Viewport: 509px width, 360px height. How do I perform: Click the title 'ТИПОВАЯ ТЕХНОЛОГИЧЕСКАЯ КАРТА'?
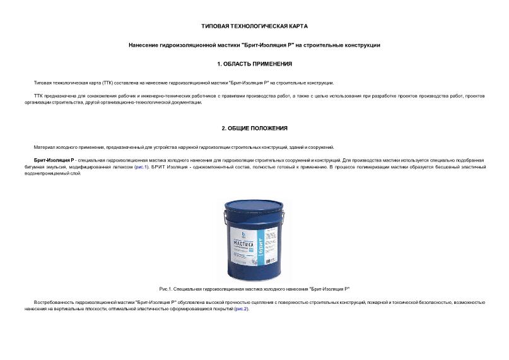click(x=254, y=26)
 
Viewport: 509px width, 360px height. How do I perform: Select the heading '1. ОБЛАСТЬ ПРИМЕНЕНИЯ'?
click(x=254, y=64)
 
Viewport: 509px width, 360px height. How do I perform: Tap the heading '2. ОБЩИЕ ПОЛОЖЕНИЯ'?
click(x=254, y=128)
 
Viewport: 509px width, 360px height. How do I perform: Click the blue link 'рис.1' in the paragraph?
click(x=141, y=167)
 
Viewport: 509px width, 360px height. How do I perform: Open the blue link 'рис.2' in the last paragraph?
click(x=242, y=309)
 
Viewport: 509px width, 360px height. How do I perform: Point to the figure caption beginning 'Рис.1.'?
click(x=254, y=289)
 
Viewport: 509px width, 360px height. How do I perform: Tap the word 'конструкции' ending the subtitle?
click(x=363, y=45)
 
